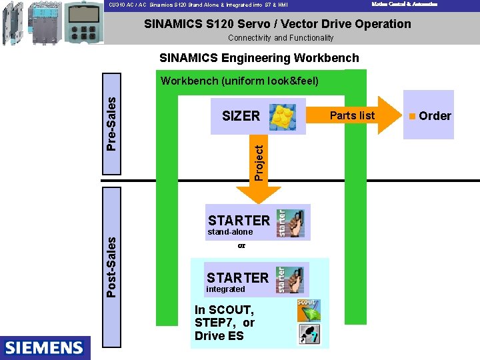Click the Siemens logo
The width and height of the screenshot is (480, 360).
pos(45,347)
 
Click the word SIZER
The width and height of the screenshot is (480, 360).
pos(241,116)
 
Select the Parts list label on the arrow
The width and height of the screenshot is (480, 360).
pos(352,115)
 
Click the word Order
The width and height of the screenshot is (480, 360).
pos(435,116)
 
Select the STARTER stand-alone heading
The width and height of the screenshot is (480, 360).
pos(239,220)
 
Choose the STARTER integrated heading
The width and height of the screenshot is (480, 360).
pos(237,277)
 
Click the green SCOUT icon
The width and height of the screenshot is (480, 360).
pos(308,310)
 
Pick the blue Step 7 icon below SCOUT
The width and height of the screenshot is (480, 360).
pos(308,334)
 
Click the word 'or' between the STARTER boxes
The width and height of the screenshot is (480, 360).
pos(241,246)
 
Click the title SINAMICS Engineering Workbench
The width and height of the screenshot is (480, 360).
pos(259,58)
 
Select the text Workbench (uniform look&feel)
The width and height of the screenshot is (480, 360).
pos(239,81)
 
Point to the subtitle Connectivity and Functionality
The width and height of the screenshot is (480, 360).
pos(281,38)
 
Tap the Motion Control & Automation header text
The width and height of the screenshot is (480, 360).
pos(405,4)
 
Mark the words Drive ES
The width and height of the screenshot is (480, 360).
pos(219,336)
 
